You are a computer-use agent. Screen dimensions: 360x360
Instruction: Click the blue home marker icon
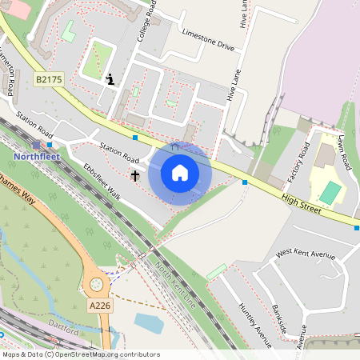click(180, 173)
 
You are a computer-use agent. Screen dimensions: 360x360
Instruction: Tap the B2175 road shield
click(49, 80)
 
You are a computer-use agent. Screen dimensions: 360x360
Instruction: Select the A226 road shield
click(100, 305)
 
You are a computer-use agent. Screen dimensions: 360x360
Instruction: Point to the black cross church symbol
click(135, 174)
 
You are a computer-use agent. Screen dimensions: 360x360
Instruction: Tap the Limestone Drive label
click(208, 42)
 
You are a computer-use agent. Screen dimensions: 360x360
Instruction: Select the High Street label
click(301, 202)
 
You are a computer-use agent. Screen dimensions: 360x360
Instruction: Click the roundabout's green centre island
click(97, 283)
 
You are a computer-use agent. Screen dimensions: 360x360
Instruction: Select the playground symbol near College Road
click(110, 78)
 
